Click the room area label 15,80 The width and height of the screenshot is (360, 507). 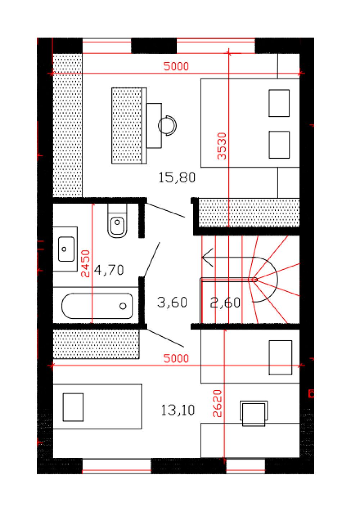pos(177,177)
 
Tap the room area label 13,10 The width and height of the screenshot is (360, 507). pos(178,410)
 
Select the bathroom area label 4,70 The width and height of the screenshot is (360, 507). pos(109,270)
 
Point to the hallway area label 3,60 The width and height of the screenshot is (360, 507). pos(172,302)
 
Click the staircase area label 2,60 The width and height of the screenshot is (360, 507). pos(225,303)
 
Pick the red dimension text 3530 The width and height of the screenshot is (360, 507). pos(222,146)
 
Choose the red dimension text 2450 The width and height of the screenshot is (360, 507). pos(85,264)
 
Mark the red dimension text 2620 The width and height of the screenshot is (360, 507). pos(217,404)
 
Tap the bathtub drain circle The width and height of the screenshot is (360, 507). pos(123,306)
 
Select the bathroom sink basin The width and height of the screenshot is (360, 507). pos(66,249)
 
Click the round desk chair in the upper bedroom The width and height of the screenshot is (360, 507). pos(167,126)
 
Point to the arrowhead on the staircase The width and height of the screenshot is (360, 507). pos(207,258)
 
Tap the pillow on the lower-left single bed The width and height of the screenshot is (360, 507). pos(73,407)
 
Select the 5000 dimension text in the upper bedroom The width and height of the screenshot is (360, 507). pos(176,66)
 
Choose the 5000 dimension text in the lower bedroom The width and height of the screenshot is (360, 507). pos(176,358)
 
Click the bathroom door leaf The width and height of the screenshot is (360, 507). pos(152,259)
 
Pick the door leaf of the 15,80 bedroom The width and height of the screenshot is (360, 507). pos(166,210)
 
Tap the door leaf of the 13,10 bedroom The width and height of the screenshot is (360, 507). pos(165,338)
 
